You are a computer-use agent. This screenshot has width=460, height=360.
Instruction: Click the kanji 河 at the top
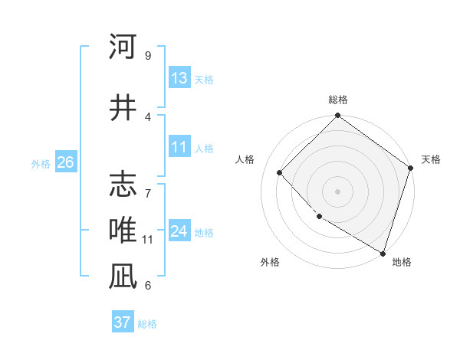point(123,47)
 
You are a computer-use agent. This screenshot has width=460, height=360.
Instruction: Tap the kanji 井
point(123,108)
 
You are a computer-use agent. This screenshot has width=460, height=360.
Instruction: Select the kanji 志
point(123,185)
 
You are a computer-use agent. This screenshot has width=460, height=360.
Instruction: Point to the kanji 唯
point(123,231)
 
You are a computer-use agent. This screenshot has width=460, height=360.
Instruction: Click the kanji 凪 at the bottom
point(123,277)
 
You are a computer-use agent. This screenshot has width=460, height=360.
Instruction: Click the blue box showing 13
point(179,79)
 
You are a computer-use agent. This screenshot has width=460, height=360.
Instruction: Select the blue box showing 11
point(179,148)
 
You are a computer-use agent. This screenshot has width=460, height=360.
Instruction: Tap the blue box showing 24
point(179,232)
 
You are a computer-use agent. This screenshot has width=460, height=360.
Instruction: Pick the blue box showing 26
point(65,163)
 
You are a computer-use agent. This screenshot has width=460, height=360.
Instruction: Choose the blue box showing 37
point(123,322)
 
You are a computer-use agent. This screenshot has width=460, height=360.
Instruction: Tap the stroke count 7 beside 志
point(147,185)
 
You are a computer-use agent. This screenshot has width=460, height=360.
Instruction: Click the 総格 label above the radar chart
point(337,100)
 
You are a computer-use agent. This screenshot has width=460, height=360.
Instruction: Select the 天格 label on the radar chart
point(431,159)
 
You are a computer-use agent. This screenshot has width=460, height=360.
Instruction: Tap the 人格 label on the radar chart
point(245,159)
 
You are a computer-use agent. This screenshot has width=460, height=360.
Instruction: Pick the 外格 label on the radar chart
point(270,262)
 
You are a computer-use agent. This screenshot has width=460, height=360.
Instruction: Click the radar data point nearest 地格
point(382,252)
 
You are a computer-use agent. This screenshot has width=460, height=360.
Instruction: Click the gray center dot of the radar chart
point(337,191)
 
